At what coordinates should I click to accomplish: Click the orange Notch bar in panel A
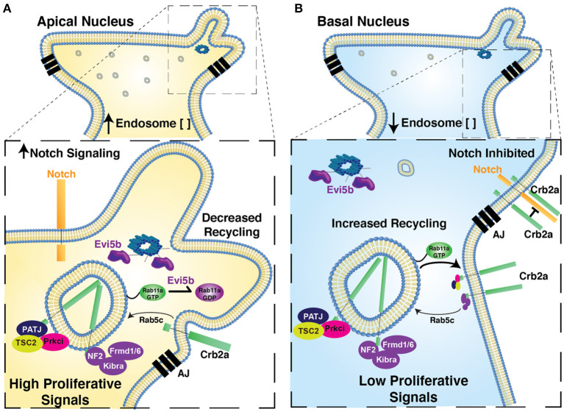60,213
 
